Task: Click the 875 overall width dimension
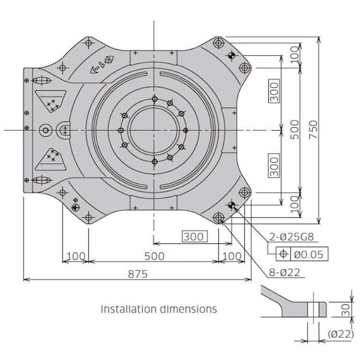pyautogui.click(x=138, y=274)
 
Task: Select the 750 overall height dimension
pyautogui.click(x=313, y=130)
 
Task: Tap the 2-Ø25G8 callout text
pyautogui.click(x=291, y=237)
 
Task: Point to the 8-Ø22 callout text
pyautogui.click(x=285, y=273)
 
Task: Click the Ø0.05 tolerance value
pyautogui.click(x=309, y=254)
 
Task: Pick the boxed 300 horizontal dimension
pyautogui.click(x=194, y=237)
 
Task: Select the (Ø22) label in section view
pyautogui.click(x=341, y=334)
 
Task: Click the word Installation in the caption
pyautogui.click(x=129, y=309)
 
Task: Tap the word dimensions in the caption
pyautogui.click(x=188, y=309)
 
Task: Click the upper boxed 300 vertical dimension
pyautogui.click(x=274, y=90)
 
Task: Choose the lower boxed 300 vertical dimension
pyautogui.click(x=274, y=166)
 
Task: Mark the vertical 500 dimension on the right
pyautogui.click(x=295, y=130)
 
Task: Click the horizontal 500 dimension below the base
pyautogui.click(x=155, y=256)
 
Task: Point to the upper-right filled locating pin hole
pyautogui.click(x=232, y=55)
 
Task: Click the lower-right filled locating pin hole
pyautogui.click(x=232, y=205)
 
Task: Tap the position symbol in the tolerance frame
pyautogui.click(x=284, y=254)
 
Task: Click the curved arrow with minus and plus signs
pyautogui.click(x=102, y=65)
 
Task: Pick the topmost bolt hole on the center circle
pyautogui.click(x=155, y=99)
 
